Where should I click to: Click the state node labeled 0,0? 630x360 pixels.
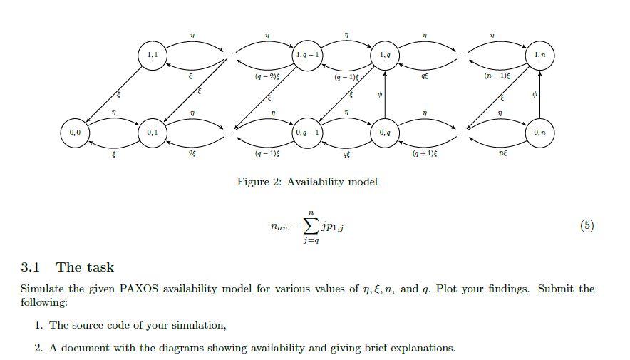(75, 133)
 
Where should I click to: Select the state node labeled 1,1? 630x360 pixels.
(152, 56)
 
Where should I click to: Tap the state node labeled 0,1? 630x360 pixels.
(152, 133)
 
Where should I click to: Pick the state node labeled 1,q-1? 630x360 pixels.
(308, 56)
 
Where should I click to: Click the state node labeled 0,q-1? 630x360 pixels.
(308, 133)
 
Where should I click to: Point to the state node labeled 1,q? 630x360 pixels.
(385, 56)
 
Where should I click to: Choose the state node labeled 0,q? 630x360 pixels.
(385, 133)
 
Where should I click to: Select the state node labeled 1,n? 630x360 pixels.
(539, 56)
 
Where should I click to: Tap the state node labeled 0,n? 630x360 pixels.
(539, 133)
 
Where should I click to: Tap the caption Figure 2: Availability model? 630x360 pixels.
(307, 182)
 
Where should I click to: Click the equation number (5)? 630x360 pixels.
(587, 226)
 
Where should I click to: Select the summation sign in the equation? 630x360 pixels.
(311, 227)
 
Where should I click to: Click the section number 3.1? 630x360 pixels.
(30, 267)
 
